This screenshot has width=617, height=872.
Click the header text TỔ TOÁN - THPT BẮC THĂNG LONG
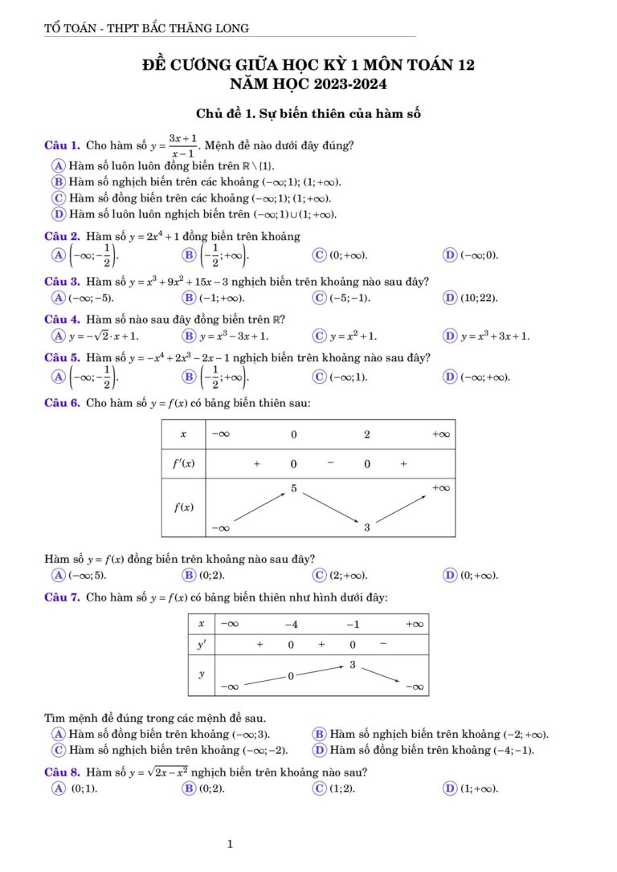tap(146, 29)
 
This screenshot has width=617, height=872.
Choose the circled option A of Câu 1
tap(58, 165)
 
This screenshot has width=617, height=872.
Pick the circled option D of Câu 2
tap(450, 255)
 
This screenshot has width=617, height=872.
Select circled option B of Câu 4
tap(189, 336)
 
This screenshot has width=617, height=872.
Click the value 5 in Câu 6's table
tap(294, 488)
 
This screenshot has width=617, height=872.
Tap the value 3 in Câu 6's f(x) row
tap(367, 528)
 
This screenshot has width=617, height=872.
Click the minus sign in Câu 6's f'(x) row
tap(330, 462)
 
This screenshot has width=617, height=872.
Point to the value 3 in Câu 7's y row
tap(352, 665)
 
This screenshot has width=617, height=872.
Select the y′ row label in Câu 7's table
tap(202, 645)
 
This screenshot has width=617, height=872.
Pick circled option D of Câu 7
tap(319, 751)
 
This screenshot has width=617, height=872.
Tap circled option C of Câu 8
tap(319, 788)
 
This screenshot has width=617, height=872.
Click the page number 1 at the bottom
tap(231, 844)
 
